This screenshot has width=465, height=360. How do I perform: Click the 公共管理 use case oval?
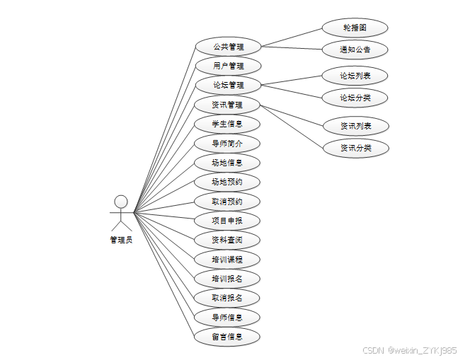[x=228, y=47]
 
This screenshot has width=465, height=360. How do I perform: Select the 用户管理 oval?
[x=228, y=66]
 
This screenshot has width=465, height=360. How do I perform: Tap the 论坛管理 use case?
[x=228, y=86]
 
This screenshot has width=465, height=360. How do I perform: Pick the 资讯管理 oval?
[x=228, y=105]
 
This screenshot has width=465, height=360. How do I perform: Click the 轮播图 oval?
[x=355, y=28]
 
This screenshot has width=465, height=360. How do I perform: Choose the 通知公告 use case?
[x=355, y=50]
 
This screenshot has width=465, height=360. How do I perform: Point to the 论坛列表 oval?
[x=355, y=75]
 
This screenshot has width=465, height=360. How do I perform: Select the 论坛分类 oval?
[x=355, y=97]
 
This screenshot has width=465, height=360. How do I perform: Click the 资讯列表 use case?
[x=355, y=126]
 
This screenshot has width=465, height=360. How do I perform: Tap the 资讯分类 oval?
[x=355, y=148]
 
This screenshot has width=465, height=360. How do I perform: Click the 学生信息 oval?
[x=228, y=124]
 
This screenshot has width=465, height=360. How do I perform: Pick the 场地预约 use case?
[x=228, y=182]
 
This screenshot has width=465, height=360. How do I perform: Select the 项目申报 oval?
[x=228, y=220]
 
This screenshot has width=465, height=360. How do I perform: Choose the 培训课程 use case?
[x=228, y=259]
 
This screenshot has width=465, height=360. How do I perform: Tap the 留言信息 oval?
[x=228, y=336]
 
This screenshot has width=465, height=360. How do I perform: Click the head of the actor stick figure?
[x=121, y=202]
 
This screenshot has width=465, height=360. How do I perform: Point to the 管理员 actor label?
[x=121, y=239]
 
